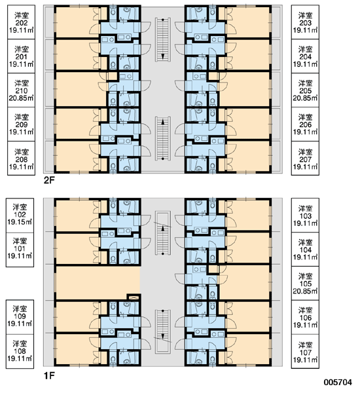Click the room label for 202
[x=22, y=22]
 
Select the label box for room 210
[x=22, y=90]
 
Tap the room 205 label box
[x=305, y=90]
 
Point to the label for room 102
[x=20, y=215]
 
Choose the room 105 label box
[x=305, y=283]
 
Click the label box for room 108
[x=20, y=351]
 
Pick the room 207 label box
[x=305, y=158]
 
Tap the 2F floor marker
[x=49, y=180]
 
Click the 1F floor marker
[x=49, y=375]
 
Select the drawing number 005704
[x=338, y=383]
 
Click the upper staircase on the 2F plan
[x=163, y=39]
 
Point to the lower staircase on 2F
[x=163, y=138]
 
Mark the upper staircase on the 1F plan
[x=163, y=233]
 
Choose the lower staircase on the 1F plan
[x=163, y=331]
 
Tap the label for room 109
[x=20, y=317]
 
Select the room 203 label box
[x=305, y=22]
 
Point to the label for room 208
[x=22, y=158]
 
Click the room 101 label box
[x=20, y=250]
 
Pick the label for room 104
[x=305, y=249]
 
